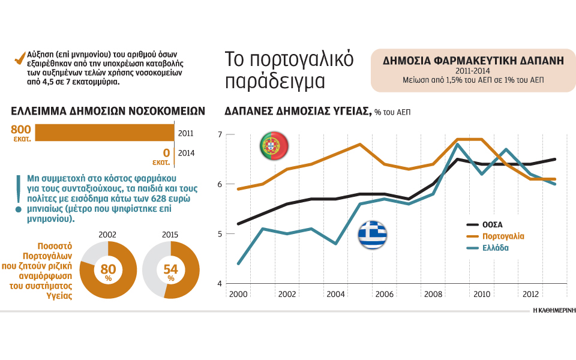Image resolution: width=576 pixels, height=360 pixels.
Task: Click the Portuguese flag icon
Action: coord(274,145)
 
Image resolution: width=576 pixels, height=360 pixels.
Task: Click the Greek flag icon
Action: coord(372,235)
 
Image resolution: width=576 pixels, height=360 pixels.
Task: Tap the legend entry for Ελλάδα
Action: coord(495,248)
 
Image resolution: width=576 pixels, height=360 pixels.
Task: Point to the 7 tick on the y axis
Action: coord(220,134)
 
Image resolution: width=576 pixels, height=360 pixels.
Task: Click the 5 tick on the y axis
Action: coord(220,233)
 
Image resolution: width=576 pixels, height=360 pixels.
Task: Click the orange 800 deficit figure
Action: coord(21,128)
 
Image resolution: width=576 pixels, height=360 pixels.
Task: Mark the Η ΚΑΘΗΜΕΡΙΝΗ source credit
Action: coord(554,311)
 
